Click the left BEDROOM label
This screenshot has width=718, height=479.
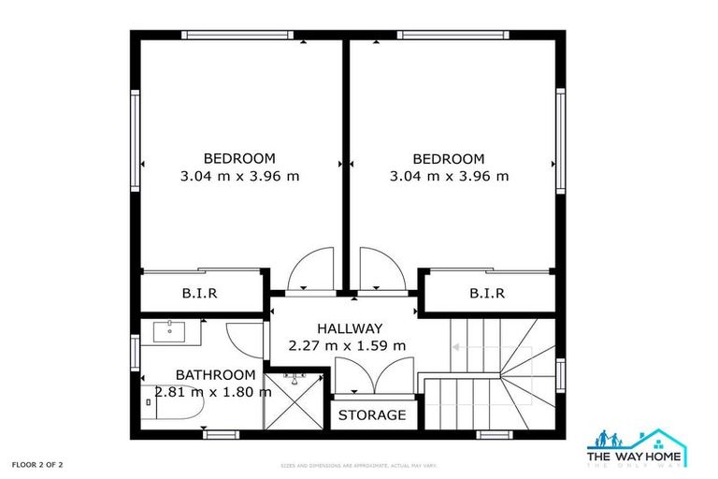coord(239,158)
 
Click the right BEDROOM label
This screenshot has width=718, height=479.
coord(449,158)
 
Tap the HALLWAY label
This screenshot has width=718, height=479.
coord(349,328)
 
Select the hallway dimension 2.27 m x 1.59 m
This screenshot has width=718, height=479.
coord(349,345)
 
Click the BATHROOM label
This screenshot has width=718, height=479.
coord(215,374)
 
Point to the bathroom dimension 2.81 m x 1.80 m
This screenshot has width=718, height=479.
coord(208,392)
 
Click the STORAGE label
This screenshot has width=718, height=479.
coord(372,414)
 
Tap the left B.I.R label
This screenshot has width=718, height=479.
coord(199,293)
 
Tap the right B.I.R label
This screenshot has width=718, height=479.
coord(487,293)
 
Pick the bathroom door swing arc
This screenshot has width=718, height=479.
coord(246,336)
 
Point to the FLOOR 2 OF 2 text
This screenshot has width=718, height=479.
coord(37,464)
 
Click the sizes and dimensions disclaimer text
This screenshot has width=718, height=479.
coord(359,465)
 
